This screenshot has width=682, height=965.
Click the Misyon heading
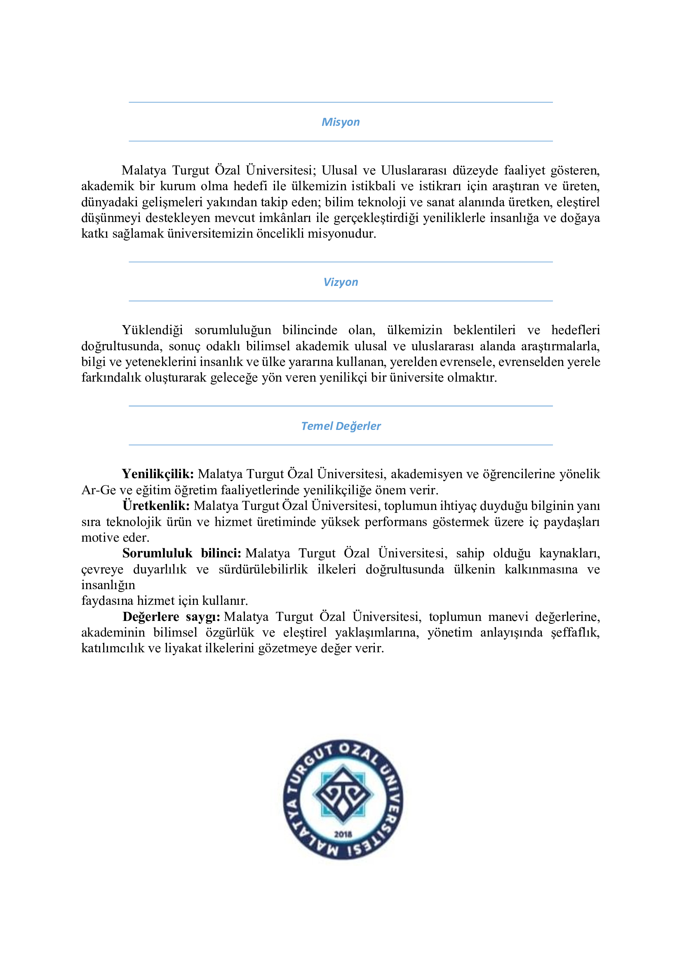pos(341,122)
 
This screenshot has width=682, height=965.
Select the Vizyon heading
pos(341,282)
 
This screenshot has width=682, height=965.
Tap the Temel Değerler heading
pos(341,426)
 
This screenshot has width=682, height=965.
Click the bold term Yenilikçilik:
pos(158,474)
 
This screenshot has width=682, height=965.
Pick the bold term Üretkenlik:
pos(156,506)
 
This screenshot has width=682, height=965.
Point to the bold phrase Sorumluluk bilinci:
pos(181,553)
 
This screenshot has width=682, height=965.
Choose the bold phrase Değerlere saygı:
pos(172,616)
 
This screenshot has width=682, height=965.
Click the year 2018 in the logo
pos(343,834)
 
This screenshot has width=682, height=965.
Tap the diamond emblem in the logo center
pos(343,794)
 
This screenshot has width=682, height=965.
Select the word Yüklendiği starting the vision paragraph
pos(153,330)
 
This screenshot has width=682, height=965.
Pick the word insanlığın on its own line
pos(108,585)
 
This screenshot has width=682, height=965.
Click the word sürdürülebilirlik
pos(263,569)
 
